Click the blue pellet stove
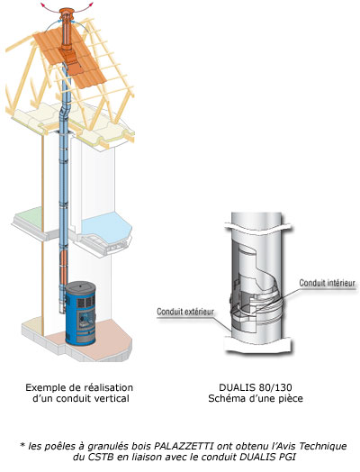click(x=81, y=313)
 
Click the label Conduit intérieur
click(x=327, y=283)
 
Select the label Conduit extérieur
click(x=185, y=312)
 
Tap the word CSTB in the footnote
click(x=101, y=457)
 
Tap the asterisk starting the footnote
click(x=22, y=445)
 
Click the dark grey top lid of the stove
click(x=81, y=286)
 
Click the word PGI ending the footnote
click(x=287, y=457)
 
